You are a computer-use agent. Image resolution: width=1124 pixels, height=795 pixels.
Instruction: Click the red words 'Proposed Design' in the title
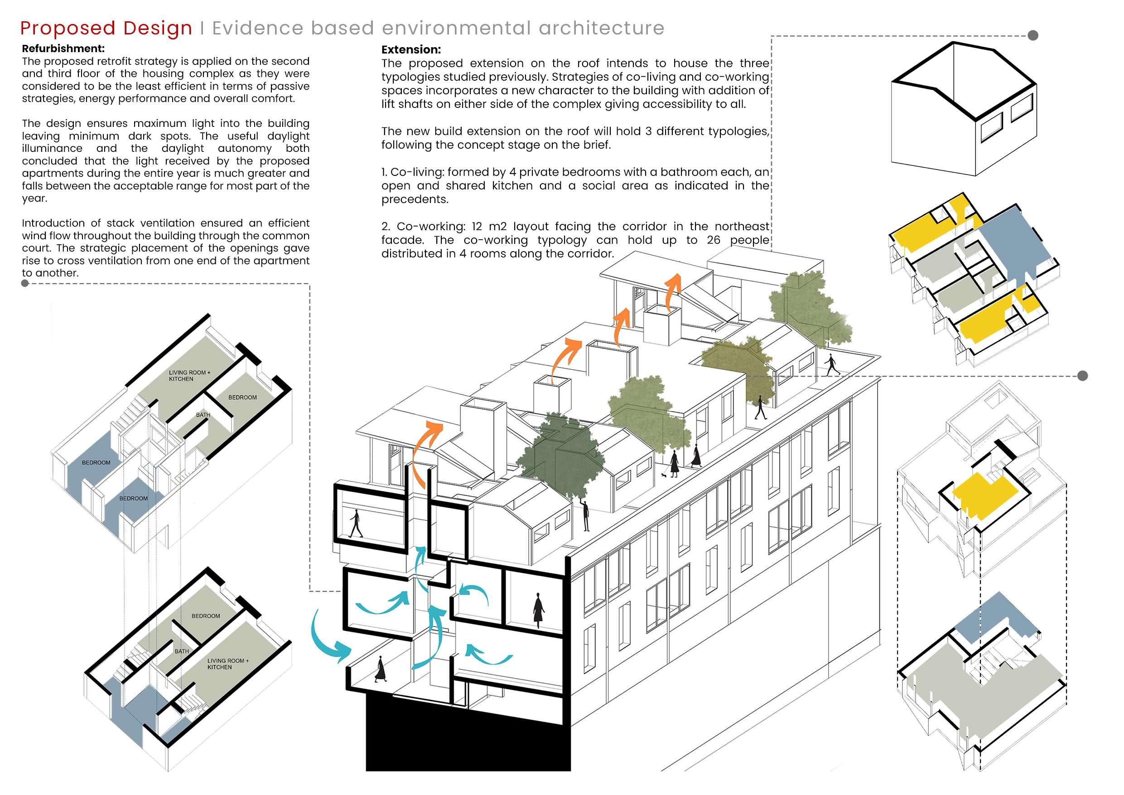(x=106, y=28)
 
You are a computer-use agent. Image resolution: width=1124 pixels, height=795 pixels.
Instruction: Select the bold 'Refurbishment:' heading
(x=63, y=48)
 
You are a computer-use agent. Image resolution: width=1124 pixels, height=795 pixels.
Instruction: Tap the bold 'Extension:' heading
(x=411, y=49)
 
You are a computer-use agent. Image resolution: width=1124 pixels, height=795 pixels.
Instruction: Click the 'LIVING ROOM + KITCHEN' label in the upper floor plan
(x=189, y=376)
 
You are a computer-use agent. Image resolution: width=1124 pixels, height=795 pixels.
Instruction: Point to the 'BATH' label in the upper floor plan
(x=203, y=415)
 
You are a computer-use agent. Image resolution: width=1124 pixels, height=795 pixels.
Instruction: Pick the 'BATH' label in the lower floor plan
(x=182, y=651)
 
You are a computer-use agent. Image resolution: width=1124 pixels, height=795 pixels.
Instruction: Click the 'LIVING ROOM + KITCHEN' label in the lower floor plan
(x=227, y=664)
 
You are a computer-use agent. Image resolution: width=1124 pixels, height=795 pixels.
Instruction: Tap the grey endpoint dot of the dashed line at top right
(x=1033, y=35)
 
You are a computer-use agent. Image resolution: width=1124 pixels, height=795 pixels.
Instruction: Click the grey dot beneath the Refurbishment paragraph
(x=25, y=283)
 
